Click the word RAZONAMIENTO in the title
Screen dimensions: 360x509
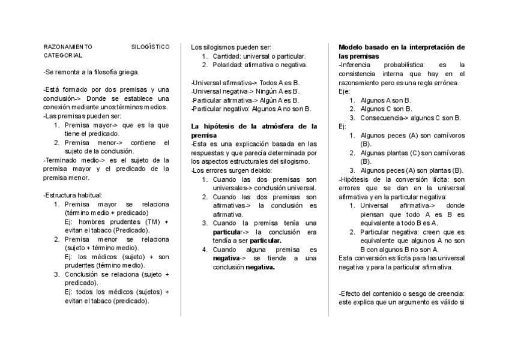68,46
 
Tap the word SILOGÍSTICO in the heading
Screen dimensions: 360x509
150,46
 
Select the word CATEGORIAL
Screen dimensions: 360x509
63,55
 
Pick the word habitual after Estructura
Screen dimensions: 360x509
90,195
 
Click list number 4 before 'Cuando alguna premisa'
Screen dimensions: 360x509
205,250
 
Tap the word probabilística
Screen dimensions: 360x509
402,65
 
